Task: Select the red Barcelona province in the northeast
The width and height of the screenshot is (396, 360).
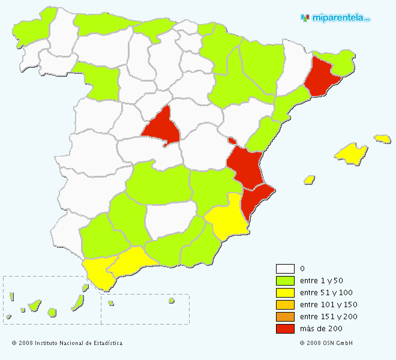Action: coord(322,77)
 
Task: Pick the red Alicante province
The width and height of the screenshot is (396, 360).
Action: coord(256,200)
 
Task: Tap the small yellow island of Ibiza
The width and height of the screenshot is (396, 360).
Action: coord(310,179)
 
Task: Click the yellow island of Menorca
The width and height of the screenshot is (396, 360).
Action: coord(382,139)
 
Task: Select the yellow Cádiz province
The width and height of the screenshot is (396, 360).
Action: coord(99,271)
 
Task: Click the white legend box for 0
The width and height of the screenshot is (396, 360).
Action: coord(285,269)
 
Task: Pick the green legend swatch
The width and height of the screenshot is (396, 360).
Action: coord(285,281)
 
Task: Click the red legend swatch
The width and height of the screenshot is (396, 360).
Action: coord(285,329)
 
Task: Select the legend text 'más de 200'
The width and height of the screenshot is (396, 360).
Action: coord(320,329)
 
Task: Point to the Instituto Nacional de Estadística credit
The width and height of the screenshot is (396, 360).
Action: coord(67,343)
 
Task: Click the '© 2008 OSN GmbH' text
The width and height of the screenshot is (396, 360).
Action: coord(326,343)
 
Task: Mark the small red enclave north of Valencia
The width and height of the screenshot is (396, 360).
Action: coord(232,141)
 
